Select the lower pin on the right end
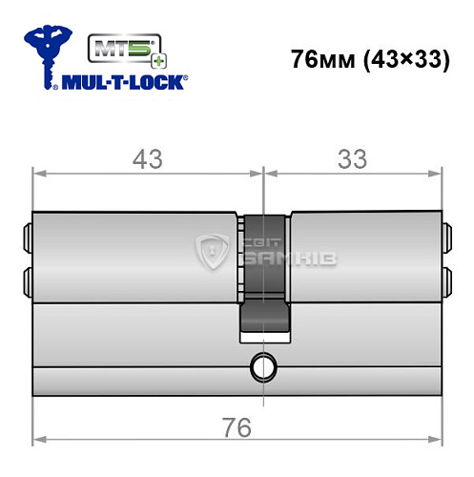pos(446,278)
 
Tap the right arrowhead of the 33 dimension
pos(437,174)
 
